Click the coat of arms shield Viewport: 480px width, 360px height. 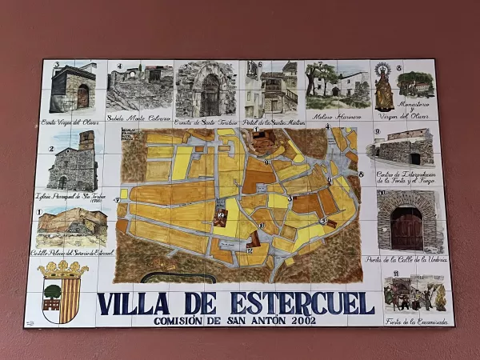(x=62, y=298)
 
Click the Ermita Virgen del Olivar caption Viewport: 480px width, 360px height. (x=70, y=122)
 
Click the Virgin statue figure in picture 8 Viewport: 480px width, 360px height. (x=384, y=88)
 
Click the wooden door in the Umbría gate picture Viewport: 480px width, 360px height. (x=407, y=228)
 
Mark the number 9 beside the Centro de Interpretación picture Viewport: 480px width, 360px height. (x=377, y=131)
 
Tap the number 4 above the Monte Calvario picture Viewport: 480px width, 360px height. (x=119, y=66)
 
